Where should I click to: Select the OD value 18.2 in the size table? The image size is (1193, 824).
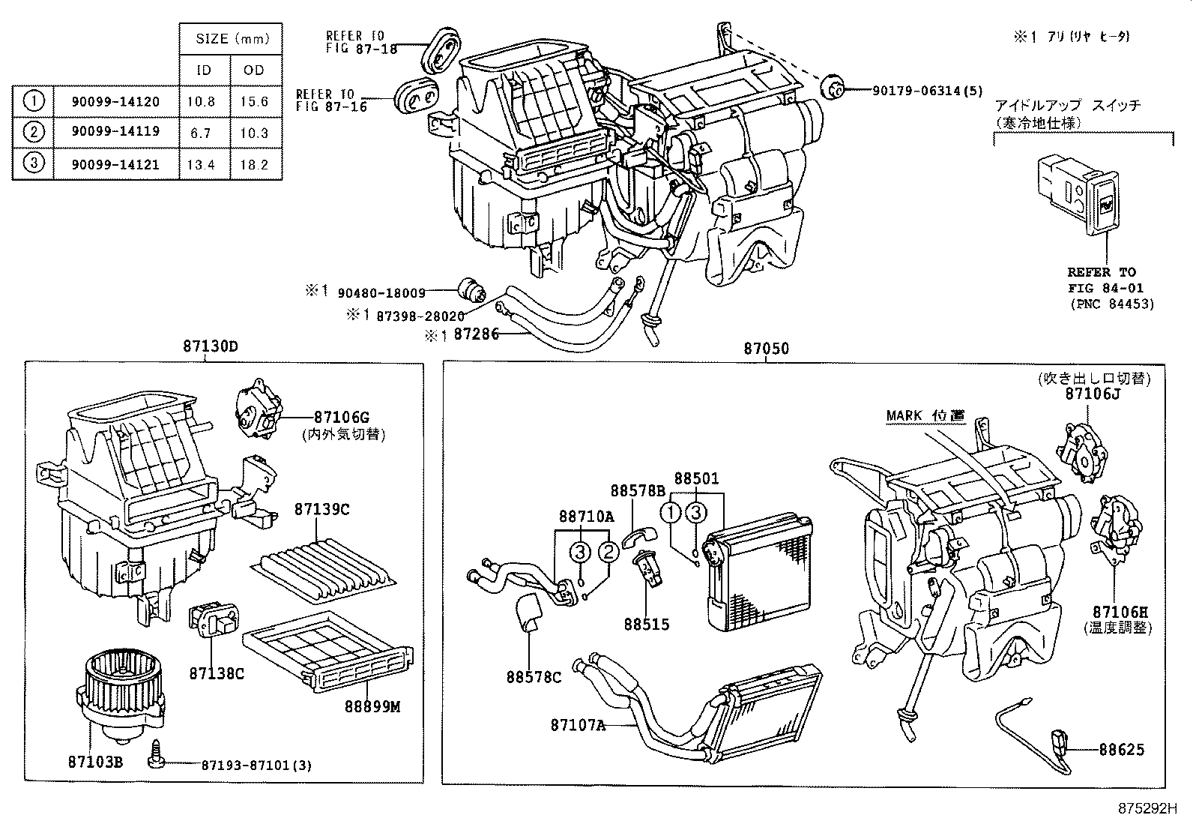[255, 164]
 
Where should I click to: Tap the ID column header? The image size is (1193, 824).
[204, 70]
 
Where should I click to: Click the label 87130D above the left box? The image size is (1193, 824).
[210, 348]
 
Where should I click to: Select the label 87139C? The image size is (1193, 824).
[321, 510]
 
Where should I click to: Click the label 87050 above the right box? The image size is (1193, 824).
[766, 349]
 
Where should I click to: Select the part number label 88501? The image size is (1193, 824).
[696, 479]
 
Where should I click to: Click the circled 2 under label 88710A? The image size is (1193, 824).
[608, 553]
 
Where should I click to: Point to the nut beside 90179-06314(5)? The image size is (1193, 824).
[833, 88]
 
